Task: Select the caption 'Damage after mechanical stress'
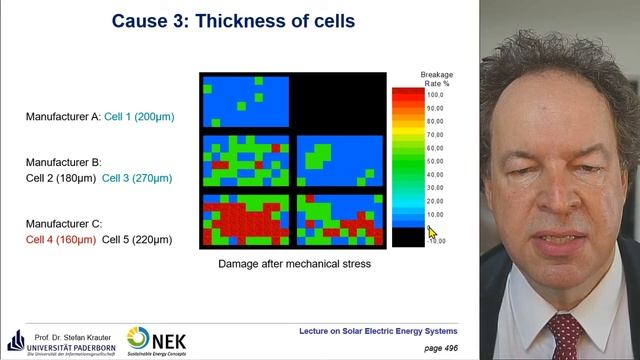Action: point(295,265)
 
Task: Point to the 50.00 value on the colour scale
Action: point(434,160)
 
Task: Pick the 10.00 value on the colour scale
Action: point(434,214)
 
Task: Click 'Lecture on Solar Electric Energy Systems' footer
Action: point(378,330)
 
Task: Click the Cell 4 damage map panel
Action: point(245,220)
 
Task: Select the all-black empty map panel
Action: point(340,101)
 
